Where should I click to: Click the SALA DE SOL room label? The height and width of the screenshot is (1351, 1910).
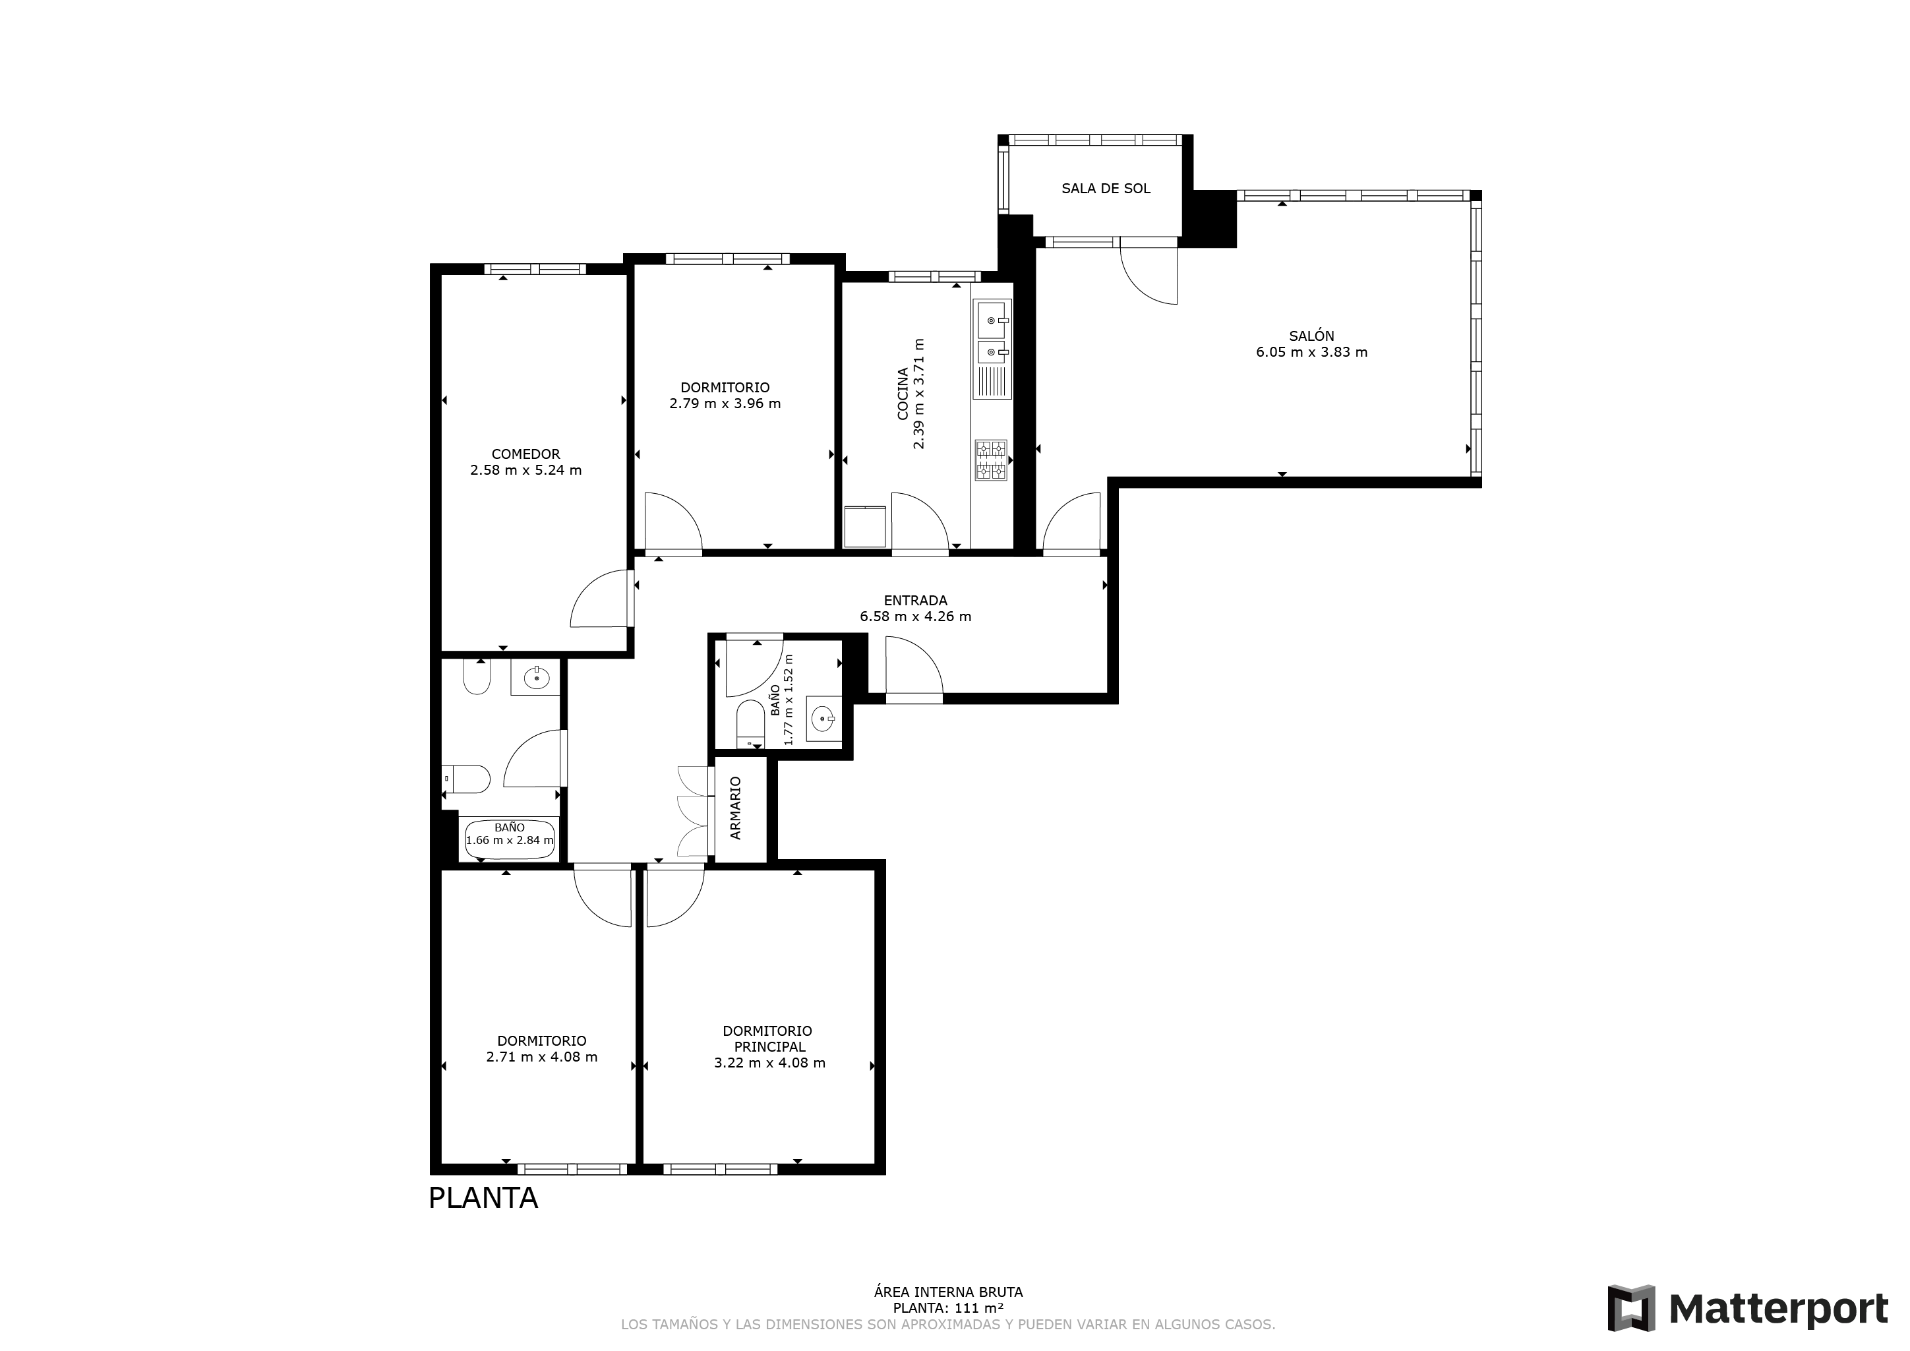coord(1106,189)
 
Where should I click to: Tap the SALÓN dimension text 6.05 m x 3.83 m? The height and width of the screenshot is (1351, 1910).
coord(1312,352)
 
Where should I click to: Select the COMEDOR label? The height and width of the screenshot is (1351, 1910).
coord(525,454)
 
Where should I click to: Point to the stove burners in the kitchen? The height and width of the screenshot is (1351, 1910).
coord(991,460)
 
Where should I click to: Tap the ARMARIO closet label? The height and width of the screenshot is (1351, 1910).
coord(735,808)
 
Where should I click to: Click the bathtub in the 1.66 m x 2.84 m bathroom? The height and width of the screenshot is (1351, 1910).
coord(509,839)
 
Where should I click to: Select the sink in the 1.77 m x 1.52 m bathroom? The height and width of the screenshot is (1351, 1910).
coord(823,718)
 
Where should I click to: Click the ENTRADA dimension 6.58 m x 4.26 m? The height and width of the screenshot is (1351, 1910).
coord(915,617)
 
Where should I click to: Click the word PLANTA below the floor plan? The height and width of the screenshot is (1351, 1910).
coord(483,1198)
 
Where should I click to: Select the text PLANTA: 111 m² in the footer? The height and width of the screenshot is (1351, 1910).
coord(948,1307)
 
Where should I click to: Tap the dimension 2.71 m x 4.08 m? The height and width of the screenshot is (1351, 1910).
coord(541,1058)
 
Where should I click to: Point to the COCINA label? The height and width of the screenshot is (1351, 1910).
coord(903,394)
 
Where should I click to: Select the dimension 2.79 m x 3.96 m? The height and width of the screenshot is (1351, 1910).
coord(725,404)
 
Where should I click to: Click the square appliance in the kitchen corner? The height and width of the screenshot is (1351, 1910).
coord(865,527)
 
